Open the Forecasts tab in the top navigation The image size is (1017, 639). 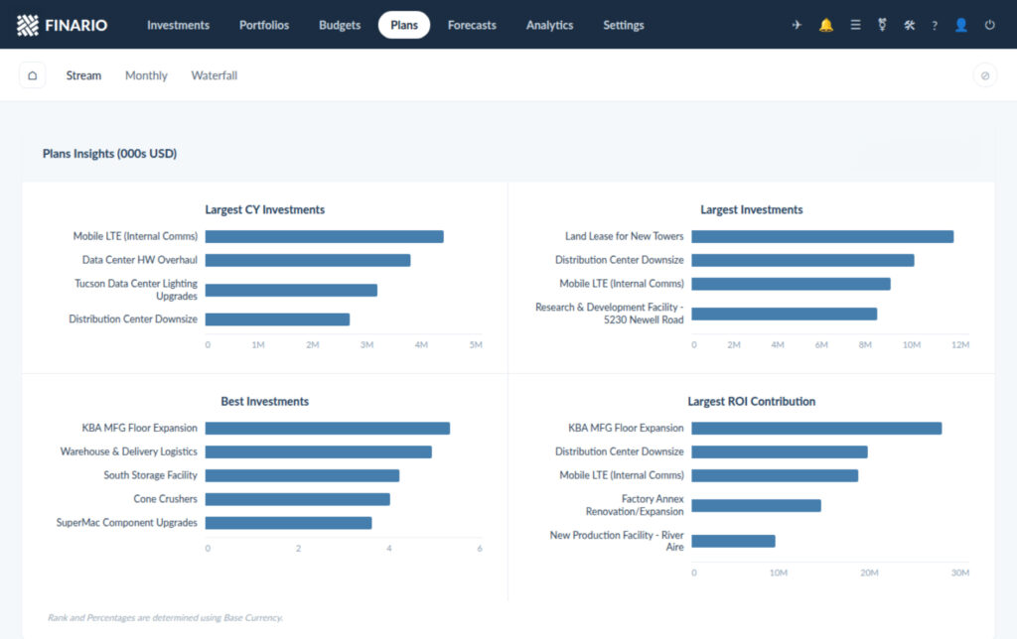(472, 25)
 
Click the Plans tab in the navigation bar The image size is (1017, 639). (404, 25)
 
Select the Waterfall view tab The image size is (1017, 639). (215, 75)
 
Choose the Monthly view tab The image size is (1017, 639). (146, 75)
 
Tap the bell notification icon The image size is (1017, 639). (825, 25)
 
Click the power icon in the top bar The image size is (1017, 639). (990, 25)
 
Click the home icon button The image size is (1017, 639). (33, 75)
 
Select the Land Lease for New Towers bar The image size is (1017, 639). (822, 236)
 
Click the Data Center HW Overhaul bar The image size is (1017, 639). (308, 260)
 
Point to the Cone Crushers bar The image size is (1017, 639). (298, 499)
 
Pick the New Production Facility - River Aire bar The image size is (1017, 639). (733, 541)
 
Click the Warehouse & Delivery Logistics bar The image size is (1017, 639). (319, 451)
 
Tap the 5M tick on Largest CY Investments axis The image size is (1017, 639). (476, 344)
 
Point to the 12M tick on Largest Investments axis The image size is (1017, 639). (960, 344)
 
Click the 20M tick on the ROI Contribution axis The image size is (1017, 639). (869, 573)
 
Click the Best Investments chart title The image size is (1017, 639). (264, 401)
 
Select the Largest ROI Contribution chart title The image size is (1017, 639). (751, 401)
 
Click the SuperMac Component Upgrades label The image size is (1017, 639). (126, 522)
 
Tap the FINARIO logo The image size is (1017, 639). (63, 25)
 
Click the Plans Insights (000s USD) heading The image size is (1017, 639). (109, 154)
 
